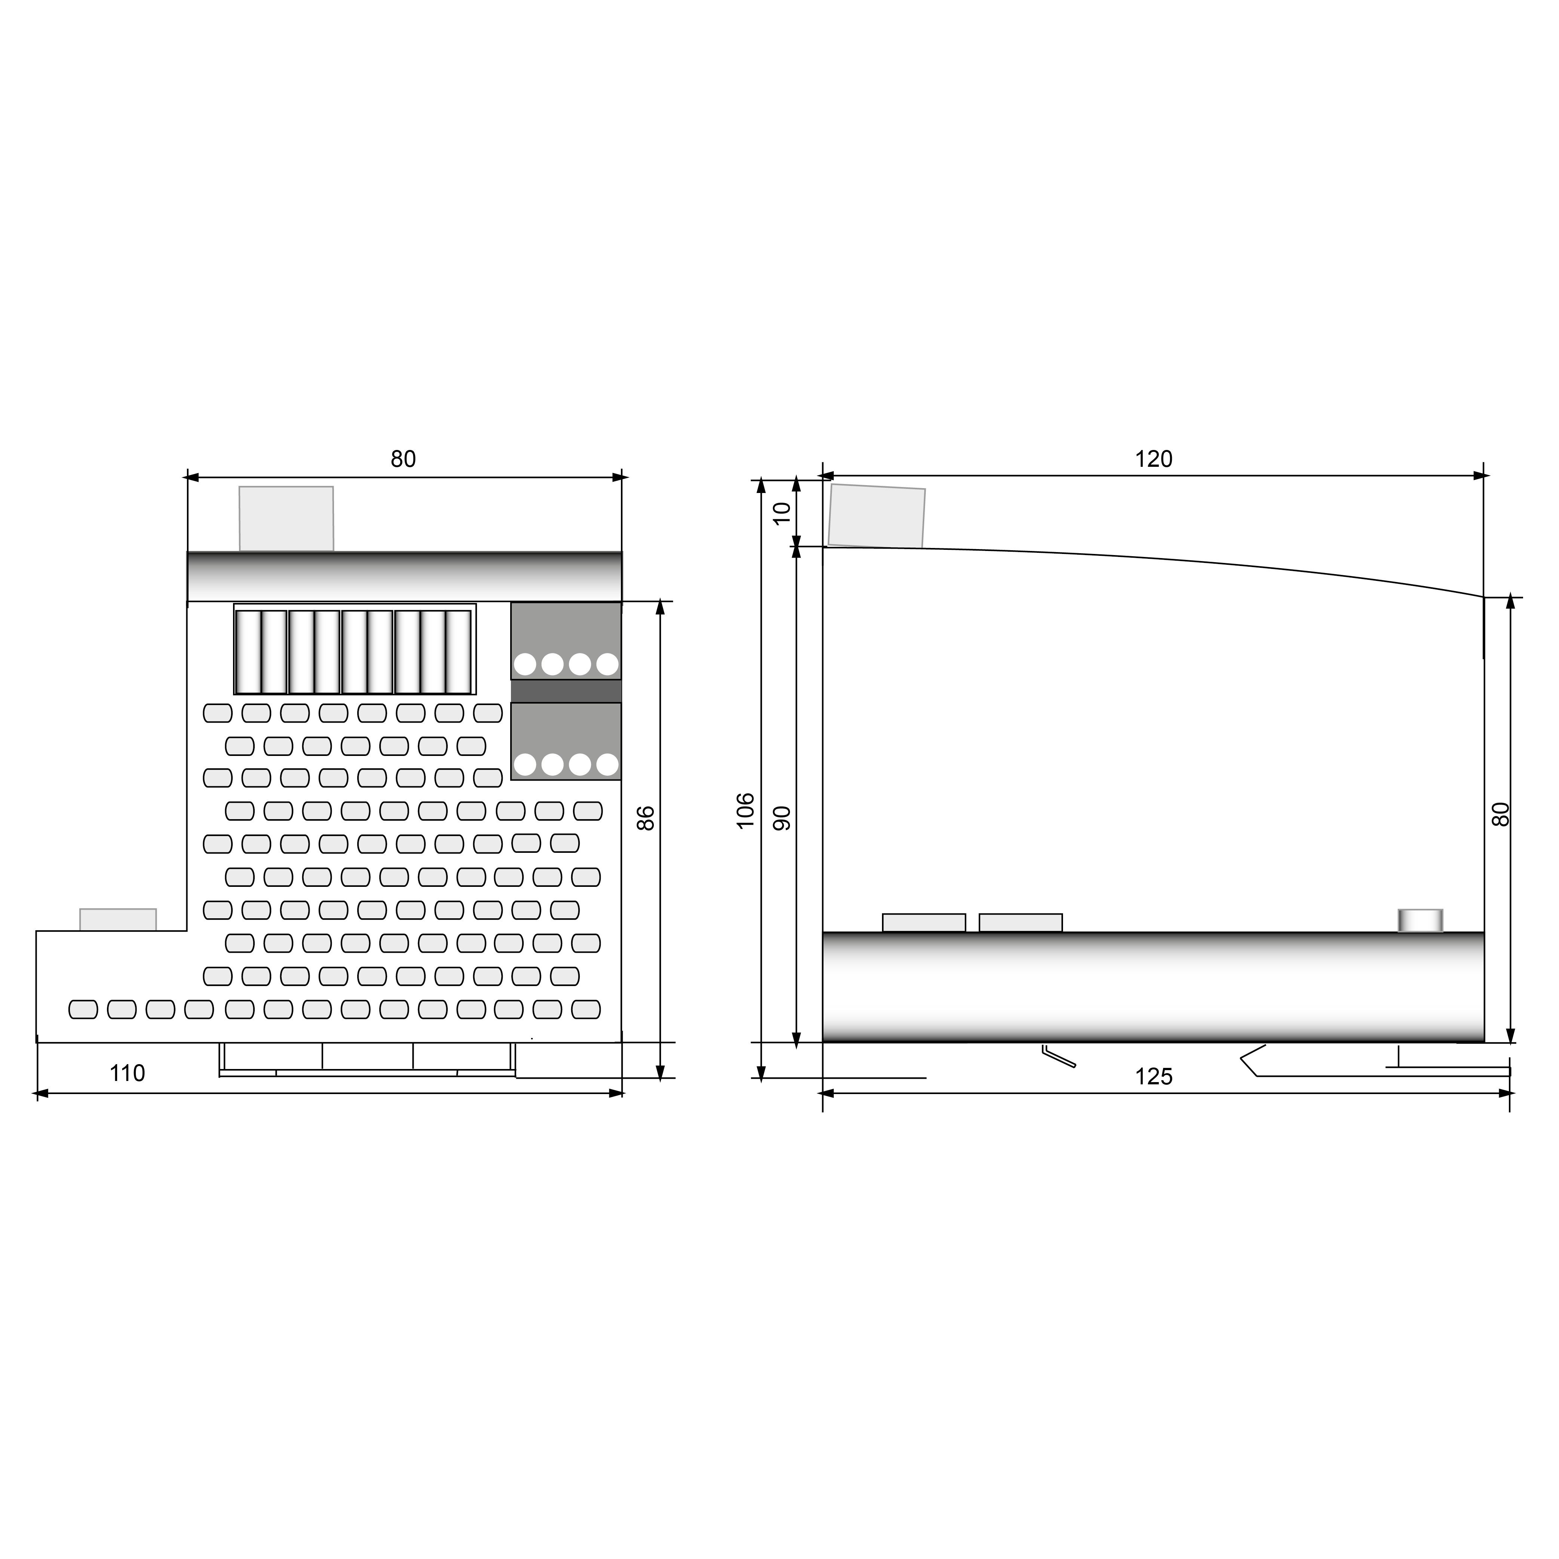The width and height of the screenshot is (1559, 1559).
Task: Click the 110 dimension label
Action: pos(128,1073)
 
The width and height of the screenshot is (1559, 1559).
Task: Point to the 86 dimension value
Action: pos(646,818)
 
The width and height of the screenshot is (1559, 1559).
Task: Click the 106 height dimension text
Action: pos(745,810)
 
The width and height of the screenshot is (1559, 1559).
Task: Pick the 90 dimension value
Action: pos(782,818)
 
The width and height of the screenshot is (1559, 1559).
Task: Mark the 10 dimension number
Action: pos(782,513)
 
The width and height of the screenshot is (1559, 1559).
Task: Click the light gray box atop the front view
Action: pos(287,519)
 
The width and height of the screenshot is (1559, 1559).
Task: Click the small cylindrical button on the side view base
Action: pos(1420,920)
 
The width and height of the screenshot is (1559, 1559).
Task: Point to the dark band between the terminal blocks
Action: pos(566,691)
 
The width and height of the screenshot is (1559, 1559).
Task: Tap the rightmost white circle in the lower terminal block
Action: pos(607,764)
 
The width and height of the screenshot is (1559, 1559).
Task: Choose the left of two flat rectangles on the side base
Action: pos(924,922)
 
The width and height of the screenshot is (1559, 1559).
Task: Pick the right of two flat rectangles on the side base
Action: pos(1021,922)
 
